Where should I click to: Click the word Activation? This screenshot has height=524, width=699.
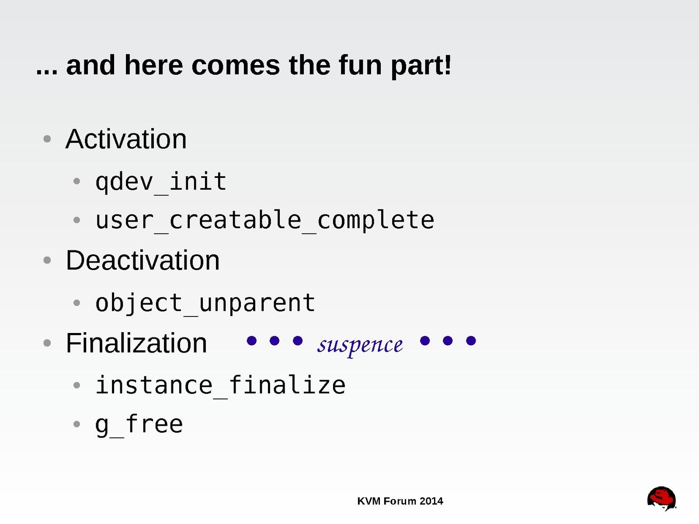coord(126,139)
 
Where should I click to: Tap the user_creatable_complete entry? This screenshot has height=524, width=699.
coord(265,221)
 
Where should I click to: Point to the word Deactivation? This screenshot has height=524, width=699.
coord(143,260)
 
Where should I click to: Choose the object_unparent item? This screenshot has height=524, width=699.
coord(205,303)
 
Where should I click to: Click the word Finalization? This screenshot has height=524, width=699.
coord(136,343)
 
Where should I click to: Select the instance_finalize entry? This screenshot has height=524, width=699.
coord(221,385)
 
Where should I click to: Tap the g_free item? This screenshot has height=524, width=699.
coord(139,425)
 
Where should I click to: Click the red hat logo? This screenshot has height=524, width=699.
coord(662,498)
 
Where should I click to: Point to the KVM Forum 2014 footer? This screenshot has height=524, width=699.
coord(400,501)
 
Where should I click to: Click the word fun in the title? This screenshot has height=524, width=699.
coord(360,66)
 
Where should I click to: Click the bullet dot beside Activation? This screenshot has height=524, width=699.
coord(47,139)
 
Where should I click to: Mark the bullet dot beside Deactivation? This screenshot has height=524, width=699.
coord(47,260)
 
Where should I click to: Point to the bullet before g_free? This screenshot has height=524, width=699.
coord(77,424)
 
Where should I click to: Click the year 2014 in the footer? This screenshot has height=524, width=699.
coord(431,501)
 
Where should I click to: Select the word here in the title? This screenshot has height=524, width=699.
coord(153,66)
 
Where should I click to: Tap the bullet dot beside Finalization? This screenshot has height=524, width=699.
coord(47,343)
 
